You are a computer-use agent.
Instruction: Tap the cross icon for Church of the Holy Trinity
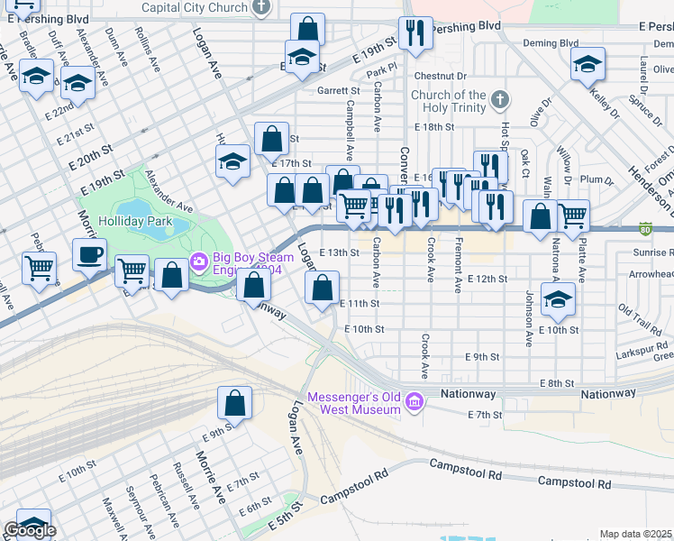pos(499,98)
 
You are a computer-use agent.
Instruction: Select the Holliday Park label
pos(135,220)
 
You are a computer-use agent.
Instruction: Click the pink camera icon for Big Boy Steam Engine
pos(198,262)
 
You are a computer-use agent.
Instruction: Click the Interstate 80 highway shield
pos(645,231)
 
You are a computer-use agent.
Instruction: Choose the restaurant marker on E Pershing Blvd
pos(415,32)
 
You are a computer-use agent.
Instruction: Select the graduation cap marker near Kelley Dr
pos(587,64)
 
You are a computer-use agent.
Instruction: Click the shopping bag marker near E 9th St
pos(234,402)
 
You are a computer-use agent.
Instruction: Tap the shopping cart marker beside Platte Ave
pos(572,215)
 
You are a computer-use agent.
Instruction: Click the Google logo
pos(29,530)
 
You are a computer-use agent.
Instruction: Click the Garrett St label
pos(338,90)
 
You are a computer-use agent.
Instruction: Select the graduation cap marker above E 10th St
pos(559,301)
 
